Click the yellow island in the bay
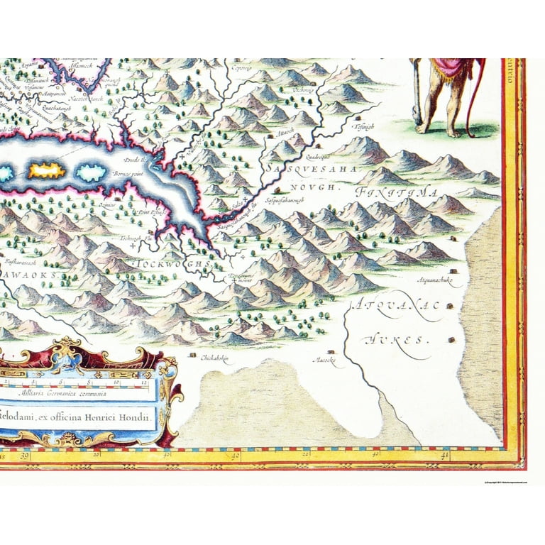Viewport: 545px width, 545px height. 46,171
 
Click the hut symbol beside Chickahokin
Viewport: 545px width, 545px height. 192,353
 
